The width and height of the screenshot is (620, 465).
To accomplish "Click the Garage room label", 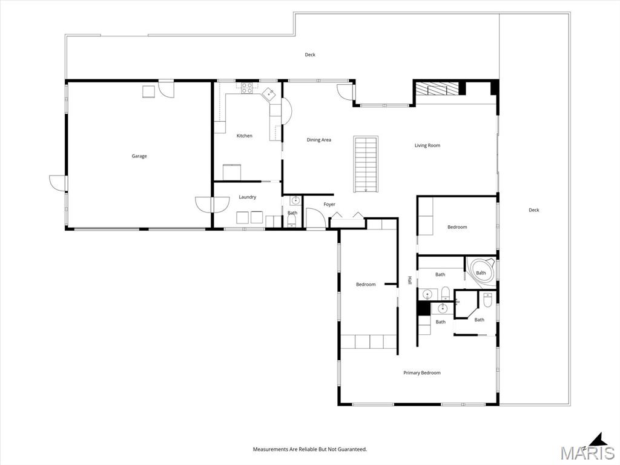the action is [139, 156].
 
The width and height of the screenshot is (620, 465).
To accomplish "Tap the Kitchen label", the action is [245, 136].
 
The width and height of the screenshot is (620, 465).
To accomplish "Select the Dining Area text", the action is [318, 140].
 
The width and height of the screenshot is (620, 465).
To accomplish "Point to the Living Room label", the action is [427, 145].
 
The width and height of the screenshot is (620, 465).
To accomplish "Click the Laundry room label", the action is [248, 197].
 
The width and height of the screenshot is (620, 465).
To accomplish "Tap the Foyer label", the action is [329, 205].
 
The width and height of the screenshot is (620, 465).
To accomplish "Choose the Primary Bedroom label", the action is [422, 372].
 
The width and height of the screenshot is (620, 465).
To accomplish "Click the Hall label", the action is [410, 280].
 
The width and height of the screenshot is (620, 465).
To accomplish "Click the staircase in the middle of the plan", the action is [366, 164].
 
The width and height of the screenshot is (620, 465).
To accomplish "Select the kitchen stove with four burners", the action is [247, 88].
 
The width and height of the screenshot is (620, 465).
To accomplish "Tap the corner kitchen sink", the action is [269, 94].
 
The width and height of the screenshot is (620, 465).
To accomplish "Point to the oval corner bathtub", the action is [481, 272].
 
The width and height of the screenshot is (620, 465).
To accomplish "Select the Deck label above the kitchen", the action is [310, 54].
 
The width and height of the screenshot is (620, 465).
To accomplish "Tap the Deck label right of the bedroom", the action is [534, 210].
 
